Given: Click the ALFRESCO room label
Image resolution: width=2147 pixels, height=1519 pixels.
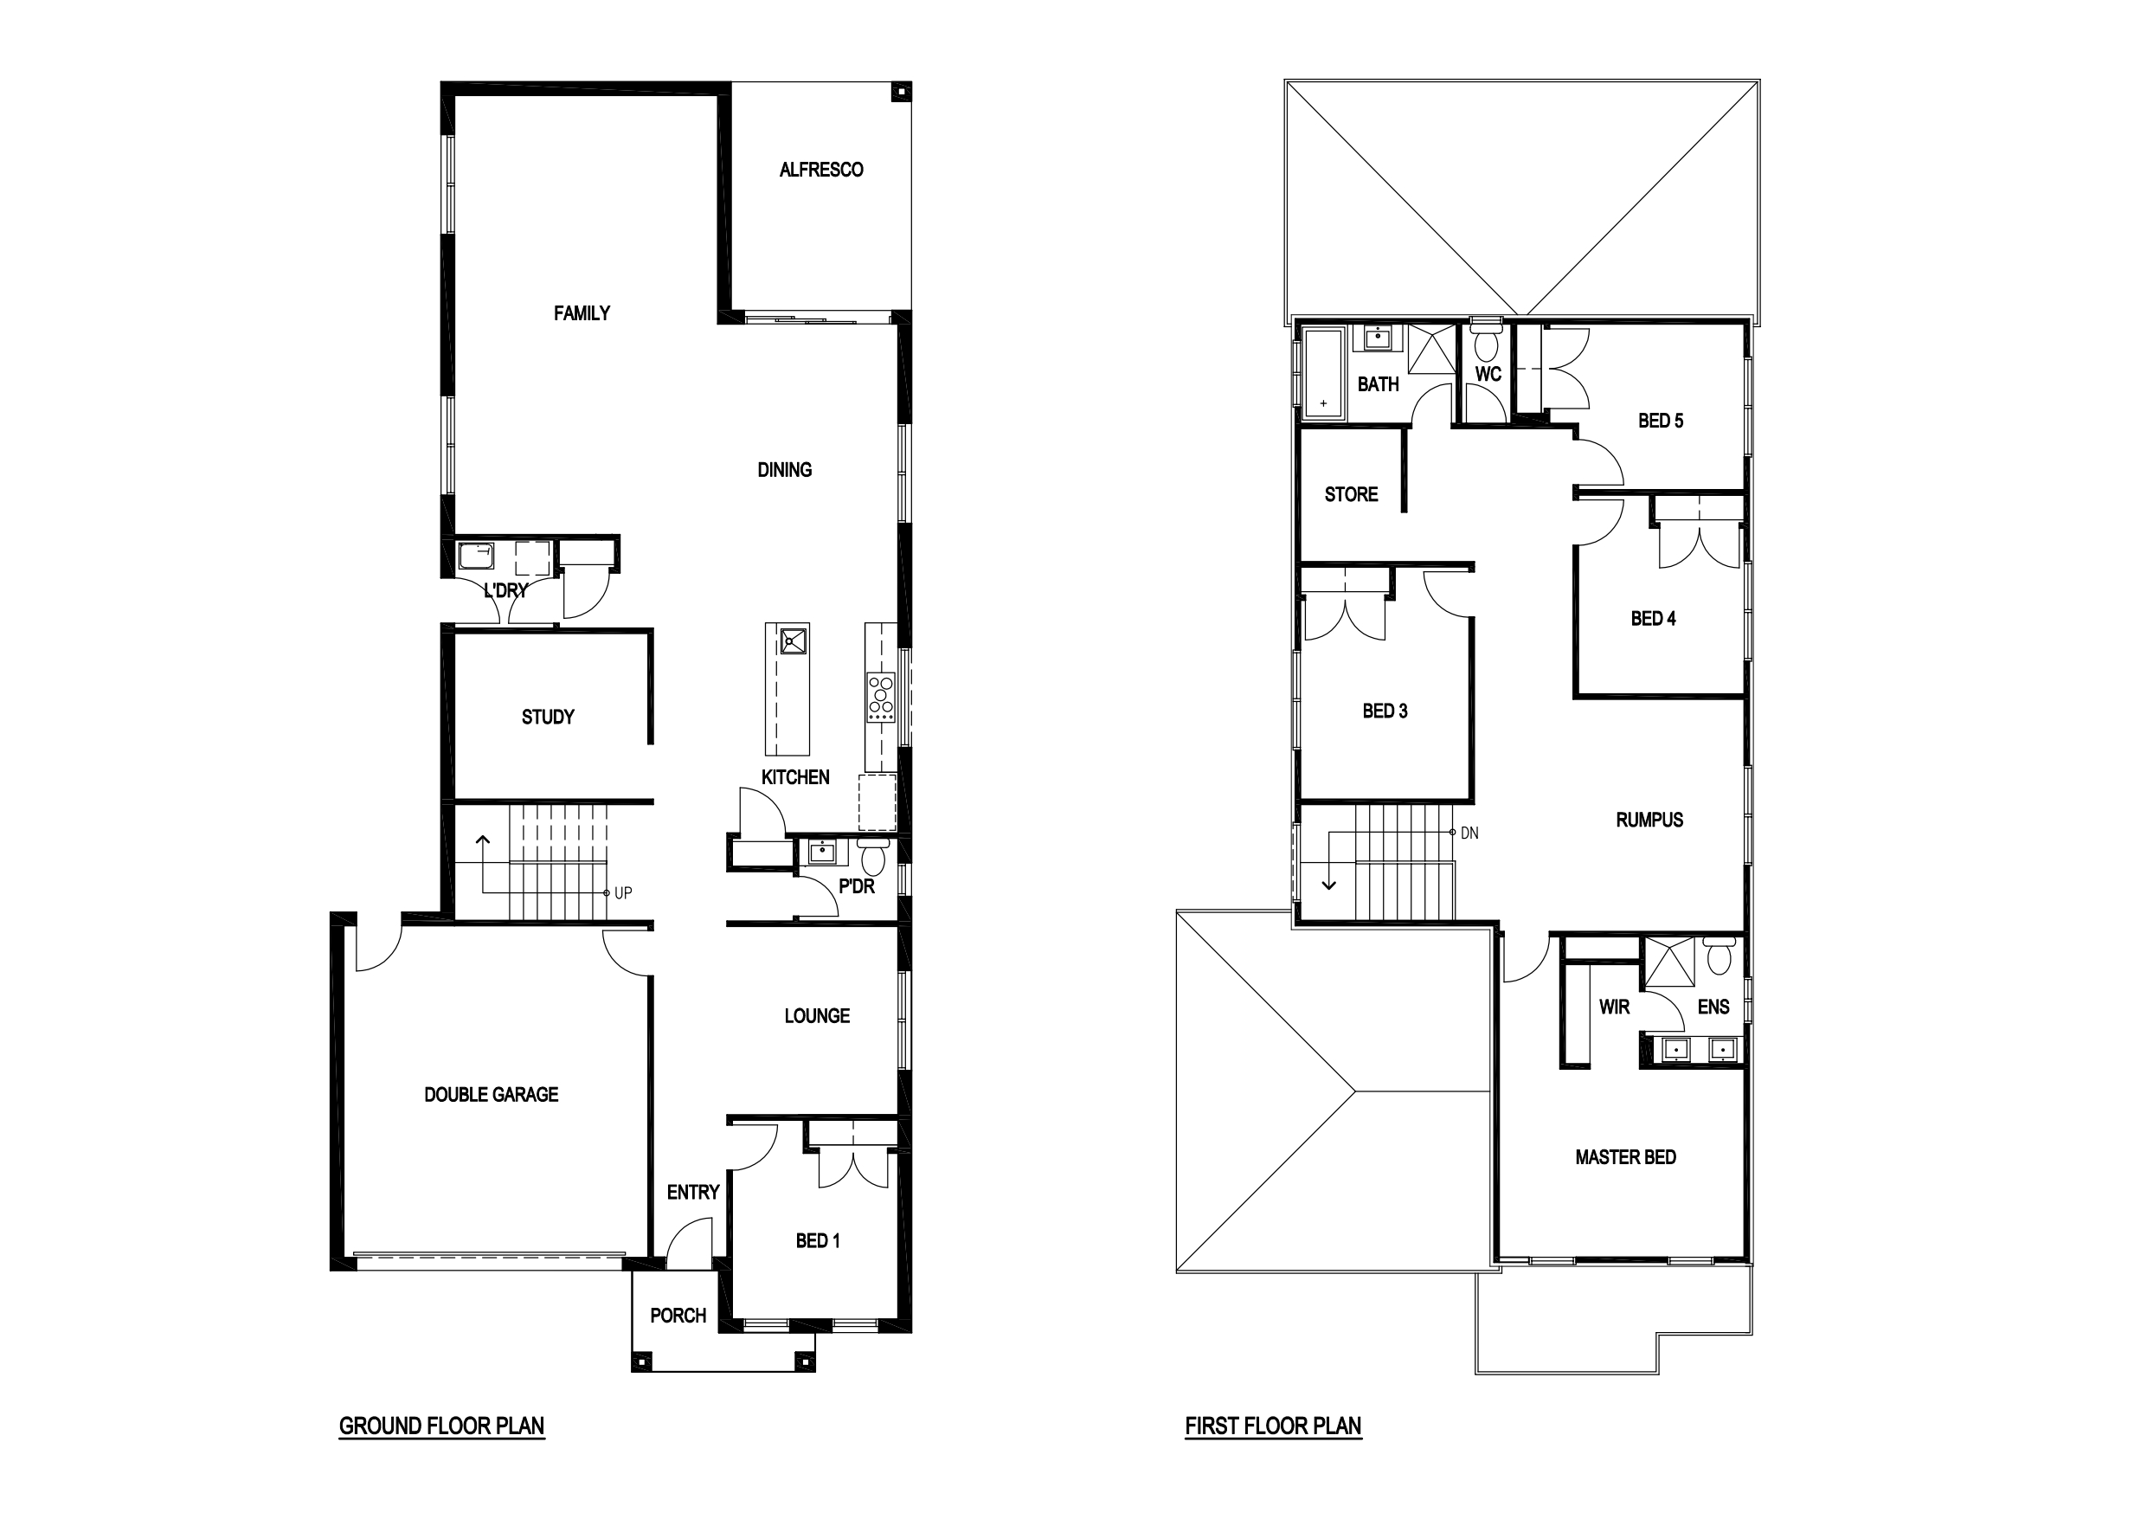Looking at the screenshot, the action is pos(821,170).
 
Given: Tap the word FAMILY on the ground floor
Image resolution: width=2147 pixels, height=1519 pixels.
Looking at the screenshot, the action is pos(582,313).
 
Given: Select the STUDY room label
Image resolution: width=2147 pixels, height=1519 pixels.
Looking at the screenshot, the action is pos(548,718).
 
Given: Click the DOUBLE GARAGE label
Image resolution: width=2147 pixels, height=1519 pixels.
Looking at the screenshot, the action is pos(491,1094).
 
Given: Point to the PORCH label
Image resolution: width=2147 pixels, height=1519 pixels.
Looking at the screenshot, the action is pos(678,1316).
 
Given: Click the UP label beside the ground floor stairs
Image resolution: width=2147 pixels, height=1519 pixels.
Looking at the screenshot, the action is pos(623,893).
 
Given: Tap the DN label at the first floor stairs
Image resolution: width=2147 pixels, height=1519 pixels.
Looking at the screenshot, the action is pos(1469,834).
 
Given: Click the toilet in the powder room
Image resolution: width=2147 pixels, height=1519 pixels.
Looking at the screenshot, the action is pos(873,854).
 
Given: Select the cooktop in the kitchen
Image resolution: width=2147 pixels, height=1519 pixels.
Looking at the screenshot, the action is pos(881,697).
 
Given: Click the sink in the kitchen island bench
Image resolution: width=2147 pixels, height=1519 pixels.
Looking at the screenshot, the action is pos(794,640).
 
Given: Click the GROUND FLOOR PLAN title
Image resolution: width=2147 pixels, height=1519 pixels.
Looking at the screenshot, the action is pos(441,1426).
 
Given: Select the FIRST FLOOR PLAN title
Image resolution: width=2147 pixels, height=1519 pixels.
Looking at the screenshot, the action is pos(1273,1426).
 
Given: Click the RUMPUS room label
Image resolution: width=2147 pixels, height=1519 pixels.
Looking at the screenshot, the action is pos(1649,821).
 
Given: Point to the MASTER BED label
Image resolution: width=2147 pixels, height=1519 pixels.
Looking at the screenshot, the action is pos(1625,1158).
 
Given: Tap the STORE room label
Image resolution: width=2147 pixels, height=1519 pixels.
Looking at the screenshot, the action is pos(1351,495).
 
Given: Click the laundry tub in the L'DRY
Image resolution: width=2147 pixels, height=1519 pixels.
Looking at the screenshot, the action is pos(475,557).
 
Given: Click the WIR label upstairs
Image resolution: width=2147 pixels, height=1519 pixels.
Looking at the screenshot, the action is pos(1614,1007).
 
